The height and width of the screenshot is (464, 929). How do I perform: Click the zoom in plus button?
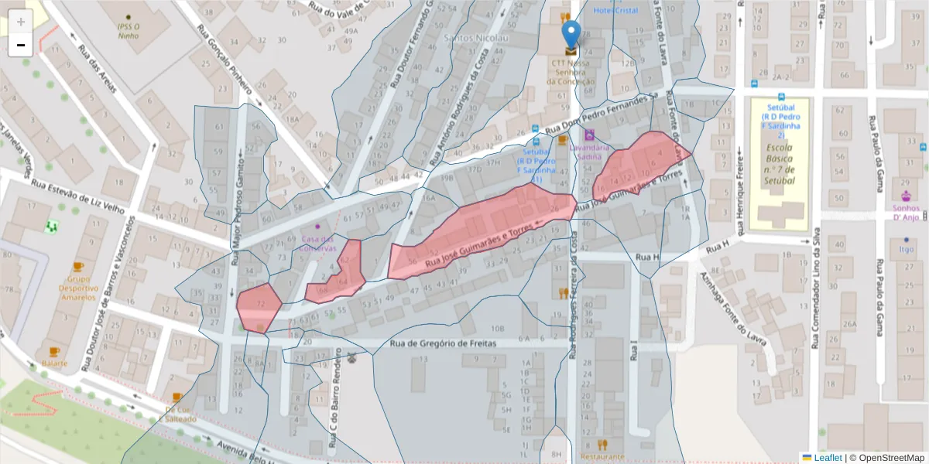pyautogui.click(x=21, y=22)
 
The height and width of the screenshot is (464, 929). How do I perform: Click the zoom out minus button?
pyautogui.click(x=21, y=45)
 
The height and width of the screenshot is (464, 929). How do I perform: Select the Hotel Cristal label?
pyautogui.click(x=617, y=10)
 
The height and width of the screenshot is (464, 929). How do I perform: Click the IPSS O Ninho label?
pyautogui.click(x=128, y=30)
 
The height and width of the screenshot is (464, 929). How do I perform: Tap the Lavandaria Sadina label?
pyautogui.click(x=589, y=151)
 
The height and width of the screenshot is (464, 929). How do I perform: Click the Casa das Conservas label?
pyautogui.click(x=319, y=244)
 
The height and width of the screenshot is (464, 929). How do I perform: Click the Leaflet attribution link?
pyautogui.click(x=828, y=458)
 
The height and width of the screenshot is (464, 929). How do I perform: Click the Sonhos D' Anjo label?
pyautogui.click(x=906, y=213)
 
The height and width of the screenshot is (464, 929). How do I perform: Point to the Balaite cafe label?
pyautogui.click(x=54, y=363)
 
